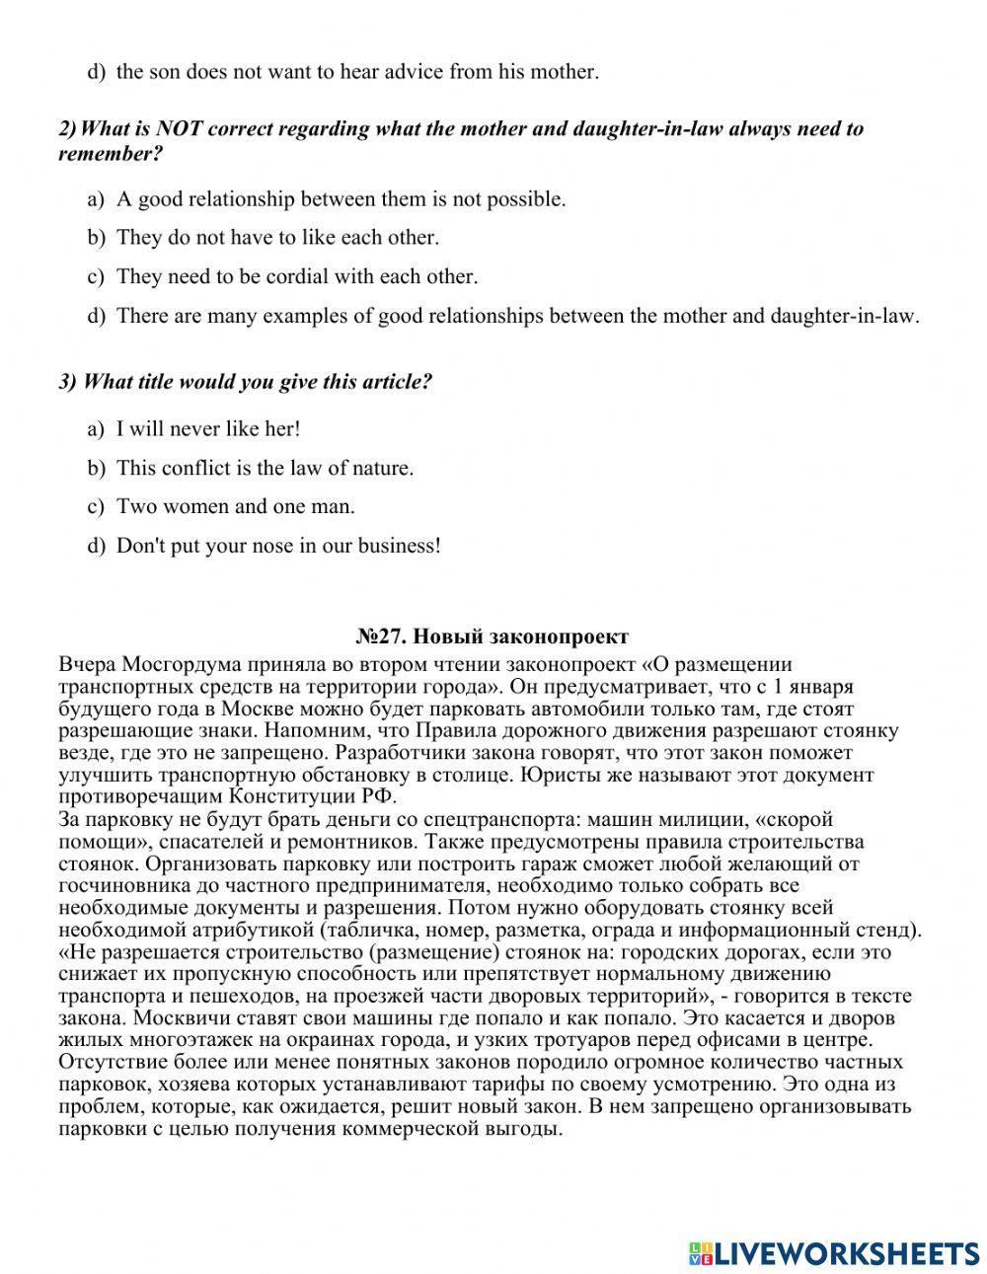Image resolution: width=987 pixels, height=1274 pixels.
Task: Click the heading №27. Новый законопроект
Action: pyautogui.click(x=492, y=637)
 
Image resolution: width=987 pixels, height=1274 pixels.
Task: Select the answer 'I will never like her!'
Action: pyautogui.click(x=207, y=428)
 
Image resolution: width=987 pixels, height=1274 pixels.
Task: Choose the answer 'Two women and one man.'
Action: pyautogui.click(x=235, y=506)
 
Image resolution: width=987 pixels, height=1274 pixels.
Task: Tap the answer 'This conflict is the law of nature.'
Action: pyautogui.click(x=265, y=468)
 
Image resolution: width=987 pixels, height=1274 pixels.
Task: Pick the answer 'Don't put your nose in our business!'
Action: pyautogui.click(x=278, y=545)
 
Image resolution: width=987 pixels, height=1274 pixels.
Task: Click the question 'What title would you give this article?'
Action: pyautogui.click(x=245, y=382)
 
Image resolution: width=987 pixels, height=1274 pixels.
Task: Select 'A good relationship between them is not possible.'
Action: pyautogui.click(x=341, y=198)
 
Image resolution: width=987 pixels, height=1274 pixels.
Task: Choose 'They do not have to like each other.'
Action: pyautogui.click(x=277, y=237)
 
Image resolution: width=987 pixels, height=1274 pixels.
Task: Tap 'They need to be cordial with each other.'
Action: pyautogui.click(x=296, y=276)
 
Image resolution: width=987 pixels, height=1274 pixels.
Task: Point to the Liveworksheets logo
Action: pyautogui.click(x=834, y=1252)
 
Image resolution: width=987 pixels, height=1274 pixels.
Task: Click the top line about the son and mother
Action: pyautogui.click(x=356, y=71)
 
